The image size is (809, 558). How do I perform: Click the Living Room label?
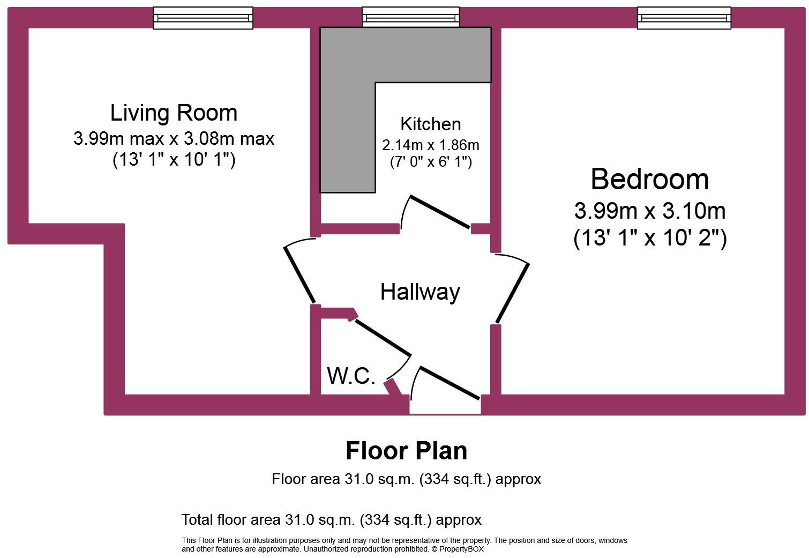pos(174,113)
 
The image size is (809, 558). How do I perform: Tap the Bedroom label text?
pos(649,179)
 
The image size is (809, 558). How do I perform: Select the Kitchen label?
pos(430,124)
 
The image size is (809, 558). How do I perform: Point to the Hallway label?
pos(420,292)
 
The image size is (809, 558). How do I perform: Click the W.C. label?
pos(351,376)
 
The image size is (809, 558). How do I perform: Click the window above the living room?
pos(203,18)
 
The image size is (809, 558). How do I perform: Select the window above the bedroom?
pos(684,18)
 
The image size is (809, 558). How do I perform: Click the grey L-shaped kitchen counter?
pos(348,107)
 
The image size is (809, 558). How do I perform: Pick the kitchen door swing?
pos(439,212)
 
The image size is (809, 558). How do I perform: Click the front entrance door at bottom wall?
pos(449,383)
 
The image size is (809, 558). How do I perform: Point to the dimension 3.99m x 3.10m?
pos(649,211)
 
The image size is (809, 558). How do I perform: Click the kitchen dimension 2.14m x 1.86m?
pos(430,145)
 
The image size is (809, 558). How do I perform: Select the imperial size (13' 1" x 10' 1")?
pos(174,160)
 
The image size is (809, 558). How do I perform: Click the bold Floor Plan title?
pos(406,451)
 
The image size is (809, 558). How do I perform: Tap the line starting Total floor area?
pos(331,519)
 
